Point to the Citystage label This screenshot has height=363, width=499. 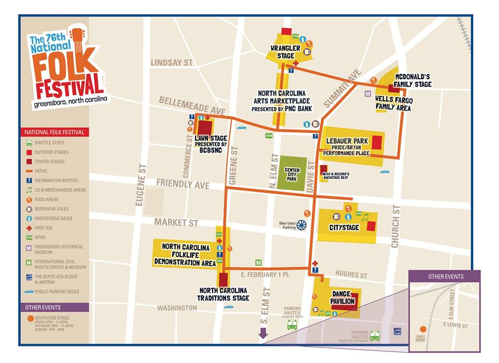[344, 228]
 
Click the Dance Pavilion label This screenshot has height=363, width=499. [343, 297]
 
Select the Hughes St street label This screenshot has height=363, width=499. [351, 275]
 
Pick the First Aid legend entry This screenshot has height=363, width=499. [46, 228]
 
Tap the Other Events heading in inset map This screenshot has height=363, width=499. [446, 276]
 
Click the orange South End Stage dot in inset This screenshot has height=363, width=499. [424, 329]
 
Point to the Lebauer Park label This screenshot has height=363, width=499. [347, 141]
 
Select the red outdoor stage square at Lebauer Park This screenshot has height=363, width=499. [376, 143]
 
